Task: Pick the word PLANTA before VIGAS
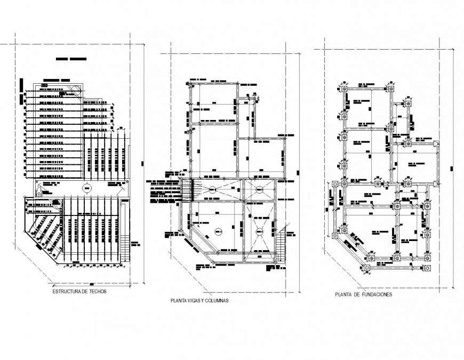178,301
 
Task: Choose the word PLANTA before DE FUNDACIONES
345,294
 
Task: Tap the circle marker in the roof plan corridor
86,188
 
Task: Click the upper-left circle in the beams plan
212,189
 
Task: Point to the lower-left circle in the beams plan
218,230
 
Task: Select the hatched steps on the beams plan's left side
186,190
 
